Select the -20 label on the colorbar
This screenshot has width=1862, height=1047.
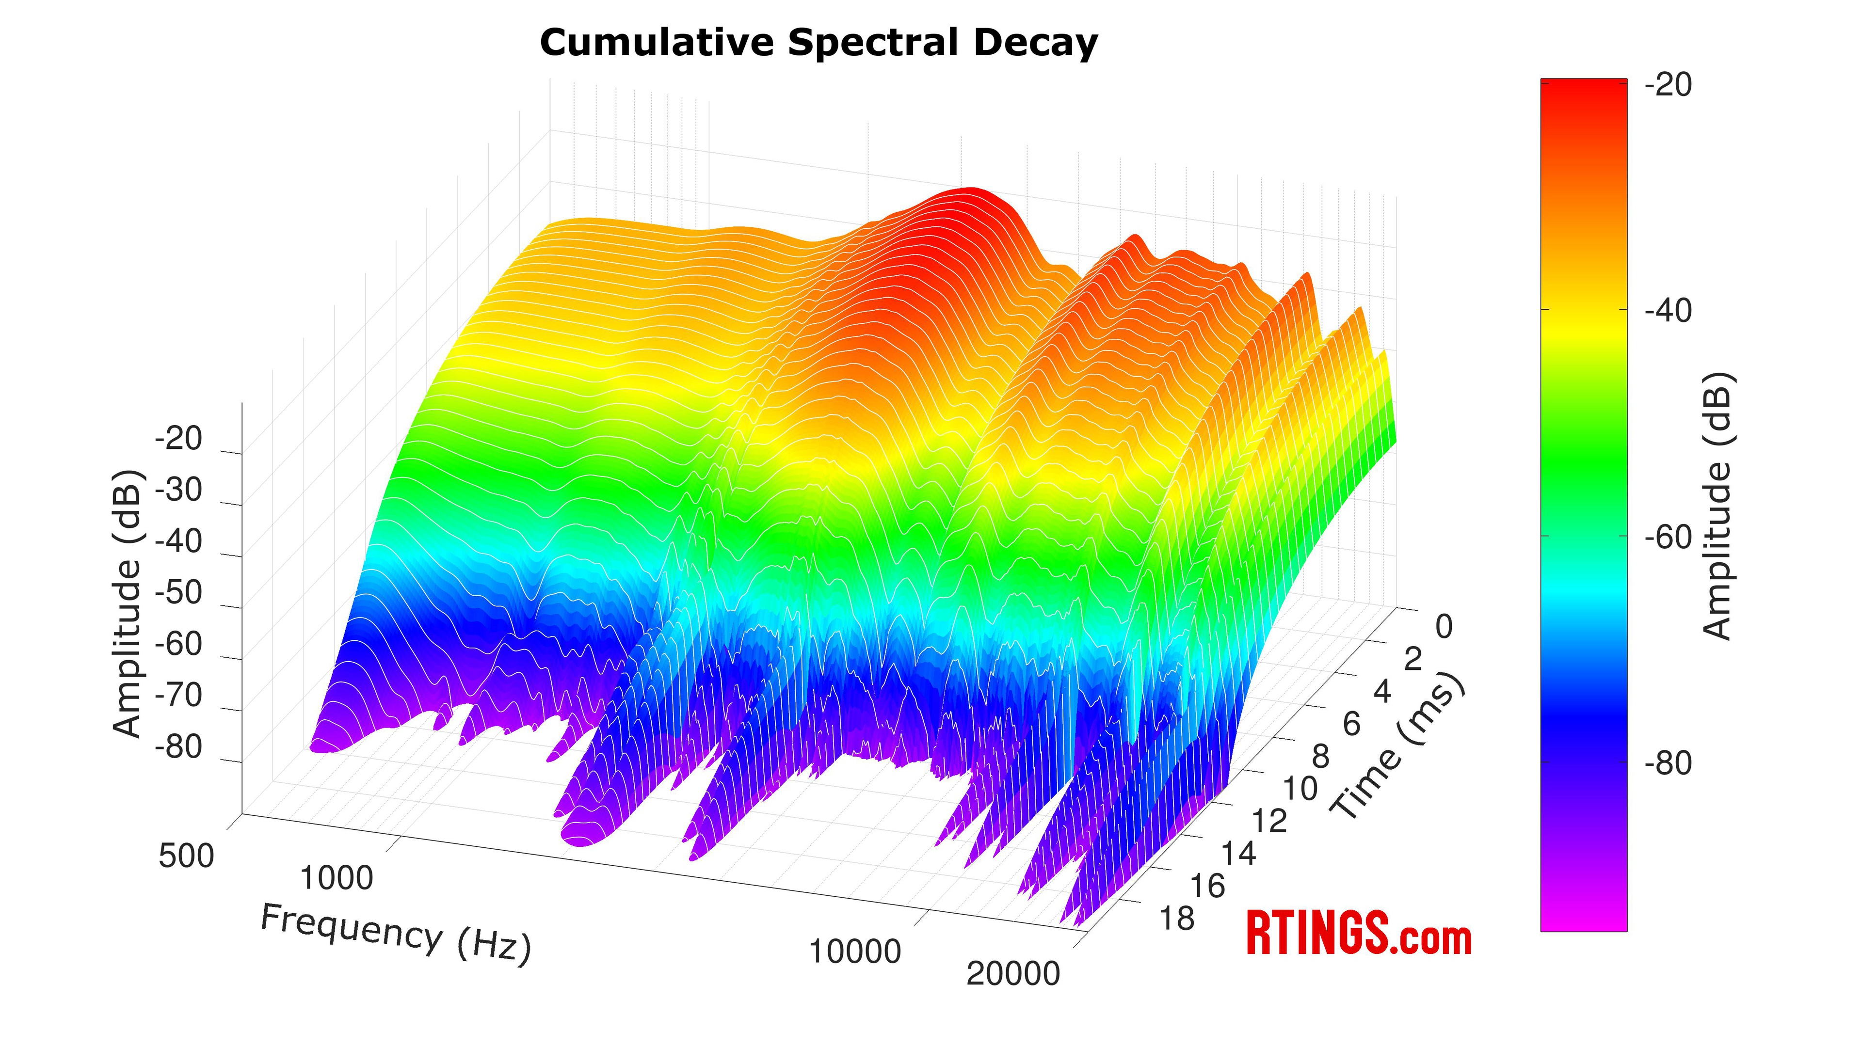coord(1668,85)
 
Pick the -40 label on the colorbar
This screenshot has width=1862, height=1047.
coord(1668,311)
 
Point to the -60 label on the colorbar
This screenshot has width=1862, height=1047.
coord(1668,538)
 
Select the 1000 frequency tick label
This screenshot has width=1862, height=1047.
coord(336,879)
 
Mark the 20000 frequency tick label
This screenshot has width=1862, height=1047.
coord(1012,974)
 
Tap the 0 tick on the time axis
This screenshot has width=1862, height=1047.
coord(1444,626)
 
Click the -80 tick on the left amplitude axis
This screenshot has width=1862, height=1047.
coord(178,746)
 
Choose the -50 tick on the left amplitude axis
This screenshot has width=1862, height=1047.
coord(178,592)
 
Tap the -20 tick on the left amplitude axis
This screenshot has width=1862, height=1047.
coord(178,439)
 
